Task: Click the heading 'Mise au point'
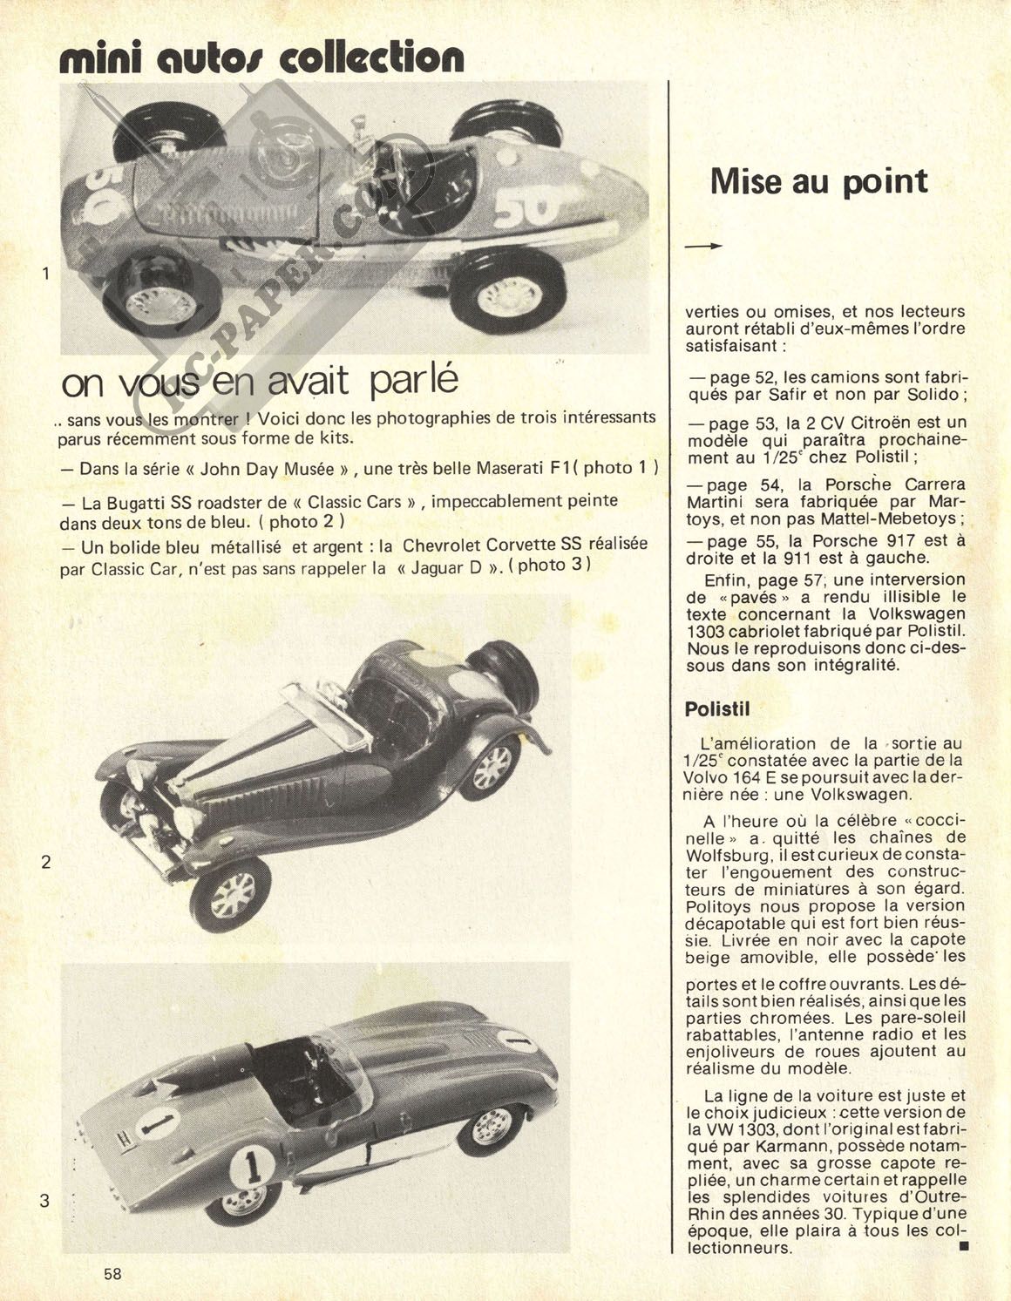(x=818, y=181)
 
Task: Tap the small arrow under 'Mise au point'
(x=704, y=247)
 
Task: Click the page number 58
(x=112, y=1273)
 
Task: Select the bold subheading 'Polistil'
(x=717, y=709)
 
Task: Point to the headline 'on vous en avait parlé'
(x=260, y=383)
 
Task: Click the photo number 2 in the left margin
(x=45, y=862)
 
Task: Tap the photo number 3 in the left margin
(x=44, y=1201)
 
